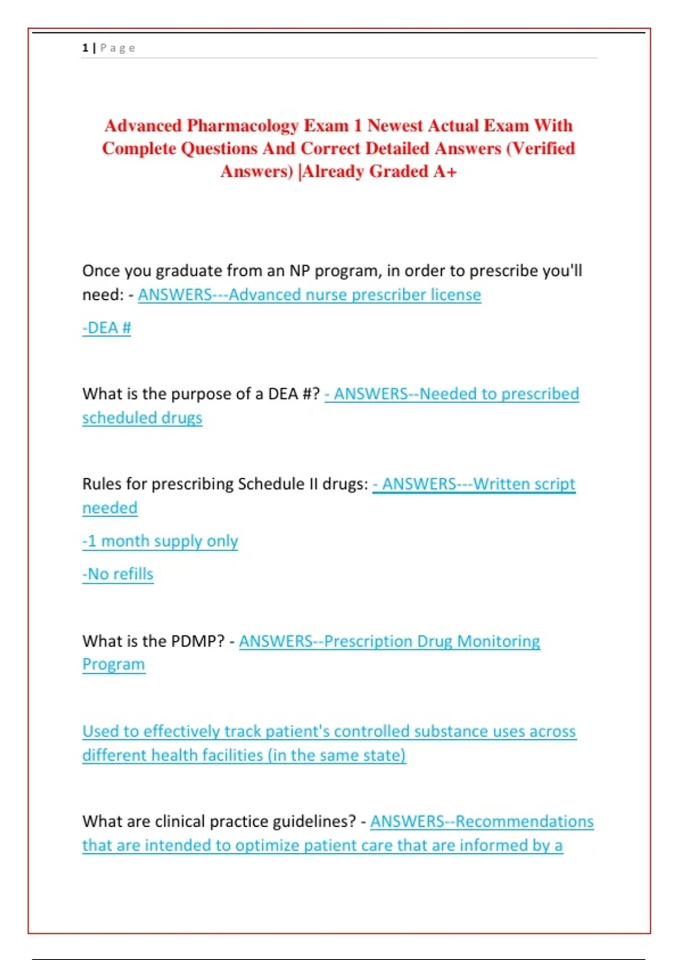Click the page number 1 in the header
[85, 48]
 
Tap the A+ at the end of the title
[445, 171]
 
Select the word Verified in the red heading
[544, 149]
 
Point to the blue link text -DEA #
[107, 328]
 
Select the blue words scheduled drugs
[142, 418]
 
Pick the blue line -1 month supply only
[160, 541]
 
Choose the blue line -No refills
[118, 574]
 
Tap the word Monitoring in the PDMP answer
[498, 642]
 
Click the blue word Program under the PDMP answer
[114, 665]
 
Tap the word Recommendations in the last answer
[524, 822]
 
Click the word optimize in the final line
[267, 845]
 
